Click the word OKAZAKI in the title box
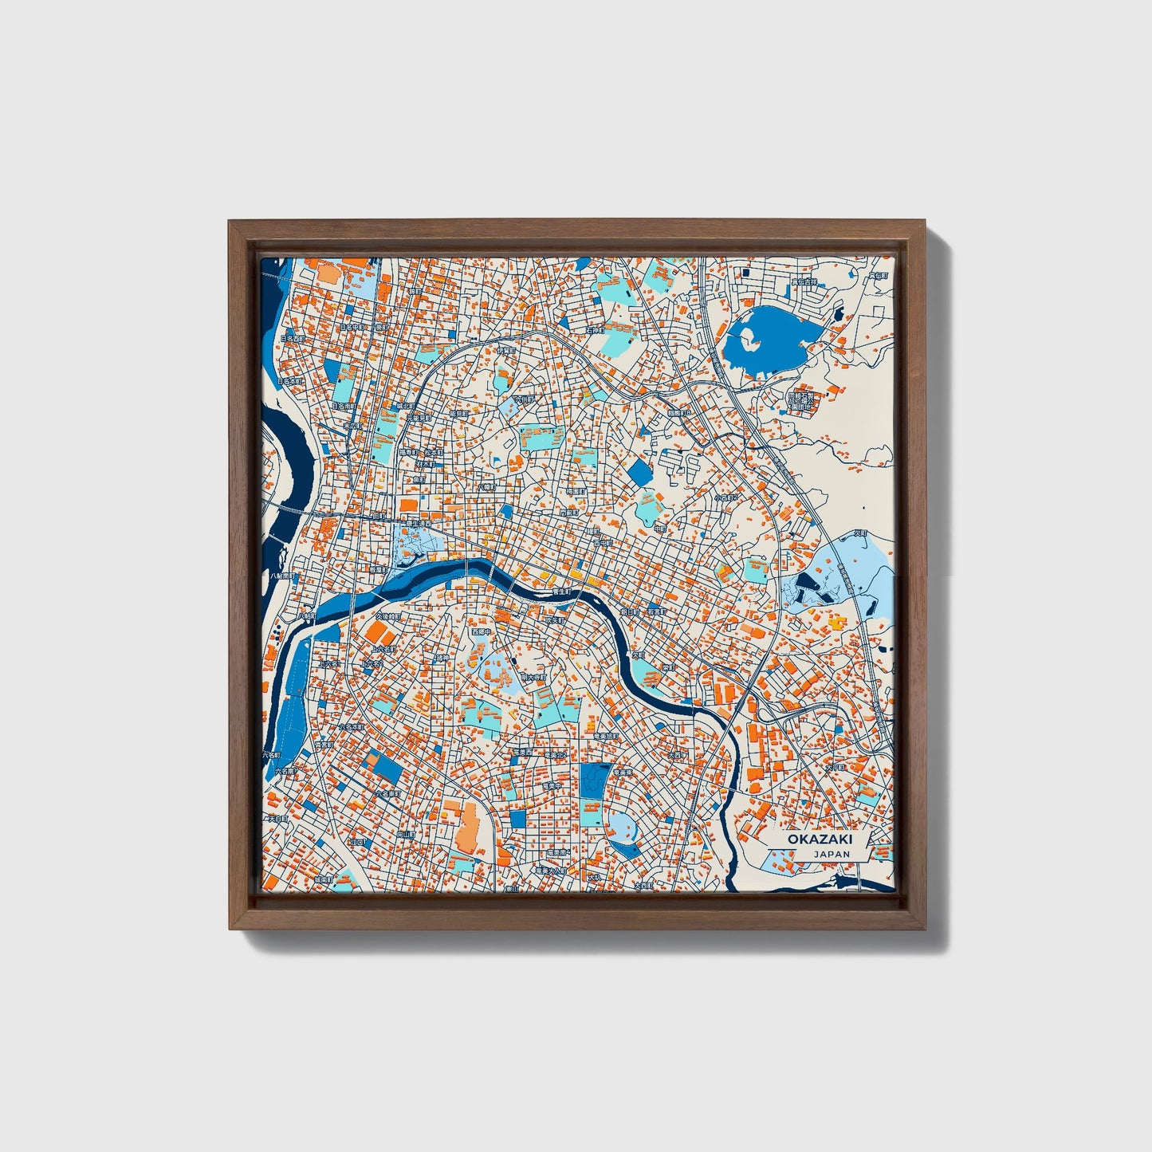[x=809, y=839]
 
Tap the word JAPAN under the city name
[x=832, y=854]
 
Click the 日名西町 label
[x=293, y=339]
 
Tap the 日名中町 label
[x=351, y=326]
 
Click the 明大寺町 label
[x=533, y=676]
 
